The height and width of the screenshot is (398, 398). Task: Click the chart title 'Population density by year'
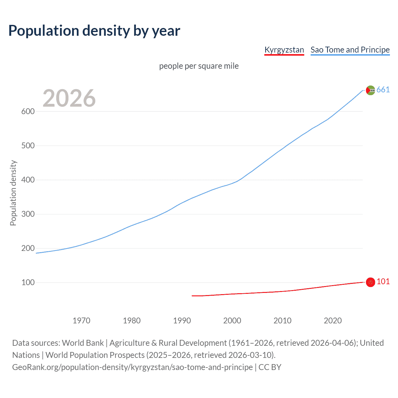click(x=94, y=31)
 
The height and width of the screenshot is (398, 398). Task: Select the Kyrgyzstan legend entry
click(x=284, y=50)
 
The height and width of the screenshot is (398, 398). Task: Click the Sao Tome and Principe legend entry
click(x=350, y=50)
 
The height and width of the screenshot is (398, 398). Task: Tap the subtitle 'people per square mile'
click(x=199, y=66)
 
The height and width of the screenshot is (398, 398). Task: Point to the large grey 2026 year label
click(x=69, y=98)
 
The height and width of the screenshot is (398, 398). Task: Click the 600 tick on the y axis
click(x=28, y=111)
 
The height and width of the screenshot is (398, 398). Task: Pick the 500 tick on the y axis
click(x=28, y=146)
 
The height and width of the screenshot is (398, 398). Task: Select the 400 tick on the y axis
click(x=28, y=180)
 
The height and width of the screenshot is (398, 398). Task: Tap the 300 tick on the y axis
click(x=28, y=214)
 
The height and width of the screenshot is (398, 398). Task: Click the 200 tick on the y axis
click(x=28, y=248)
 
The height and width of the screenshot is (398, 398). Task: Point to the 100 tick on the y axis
click(x=28, y=282)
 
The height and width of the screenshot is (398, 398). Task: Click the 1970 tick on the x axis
click(x=81, y=321)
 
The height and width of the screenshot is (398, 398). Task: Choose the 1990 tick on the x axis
click(x=182, y=321)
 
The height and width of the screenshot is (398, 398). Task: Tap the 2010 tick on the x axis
click(x=282, y=321)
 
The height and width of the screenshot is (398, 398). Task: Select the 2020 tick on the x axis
click(x=333, y=321)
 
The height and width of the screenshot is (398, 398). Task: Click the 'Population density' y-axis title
click(x=13, y=193)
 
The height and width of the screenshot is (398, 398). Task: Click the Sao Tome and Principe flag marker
click(x=370, y=90)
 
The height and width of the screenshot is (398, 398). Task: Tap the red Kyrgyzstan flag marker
click(x=370, y=282)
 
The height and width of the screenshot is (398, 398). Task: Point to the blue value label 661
click(x=383, y=90)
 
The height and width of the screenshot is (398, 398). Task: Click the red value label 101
click(x=383, y=282)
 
